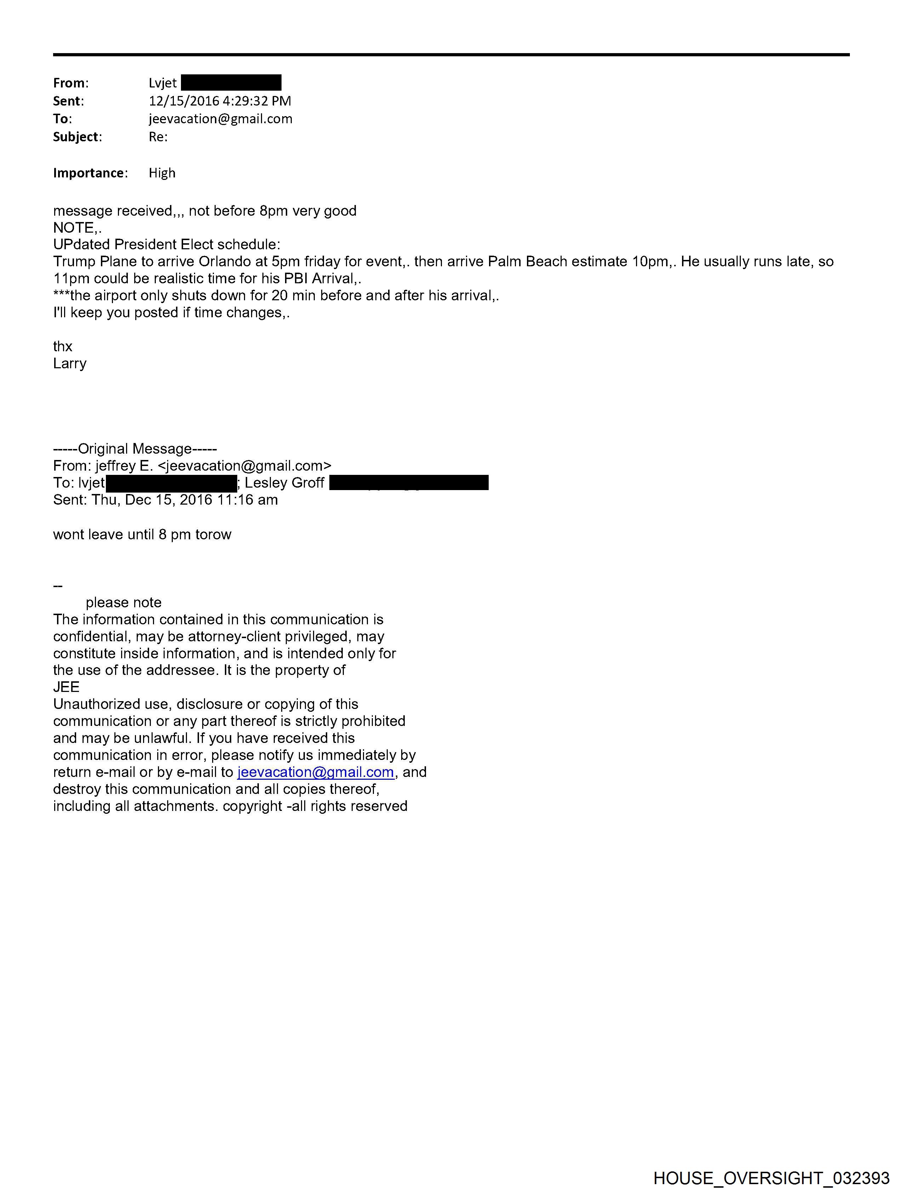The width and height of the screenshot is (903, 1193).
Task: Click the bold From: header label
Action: pyautogui.click(x=71, y=83)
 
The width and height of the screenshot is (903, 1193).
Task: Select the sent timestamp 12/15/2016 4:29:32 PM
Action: pyautogui.click(x=220, y=101)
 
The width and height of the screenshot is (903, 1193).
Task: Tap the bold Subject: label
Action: pyautogui.click(x=77, y=137)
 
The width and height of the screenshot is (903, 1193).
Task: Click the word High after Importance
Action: pyautogui.click(x=162, y=173)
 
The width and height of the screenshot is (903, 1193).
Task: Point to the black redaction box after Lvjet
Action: pyautogui.click(x=231, y=83)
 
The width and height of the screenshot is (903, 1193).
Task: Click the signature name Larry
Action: pyautogui.click(x=70, y=364)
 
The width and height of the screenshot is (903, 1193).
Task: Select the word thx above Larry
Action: pyautogui.click(x=63, y=346)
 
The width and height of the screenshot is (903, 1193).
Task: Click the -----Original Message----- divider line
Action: pyautogui.click(x=135, y=449)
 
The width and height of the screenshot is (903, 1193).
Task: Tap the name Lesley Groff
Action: pyautogui.click(x=284, y=483)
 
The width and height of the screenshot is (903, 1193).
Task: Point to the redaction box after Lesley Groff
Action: pyautogui.click(x=408, y=483)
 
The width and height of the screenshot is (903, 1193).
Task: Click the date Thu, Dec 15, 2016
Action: pyautogui.click(x=152, y=500)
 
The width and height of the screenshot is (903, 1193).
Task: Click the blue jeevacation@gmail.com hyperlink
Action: pyautogui.click(x=316, y=772)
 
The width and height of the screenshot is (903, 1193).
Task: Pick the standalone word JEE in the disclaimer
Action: pyautogui.click(x=66, y=687)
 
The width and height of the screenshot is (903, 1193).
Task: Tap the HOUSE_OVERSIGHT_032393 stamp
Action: pyautogui.click(x=771, y=1178)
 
